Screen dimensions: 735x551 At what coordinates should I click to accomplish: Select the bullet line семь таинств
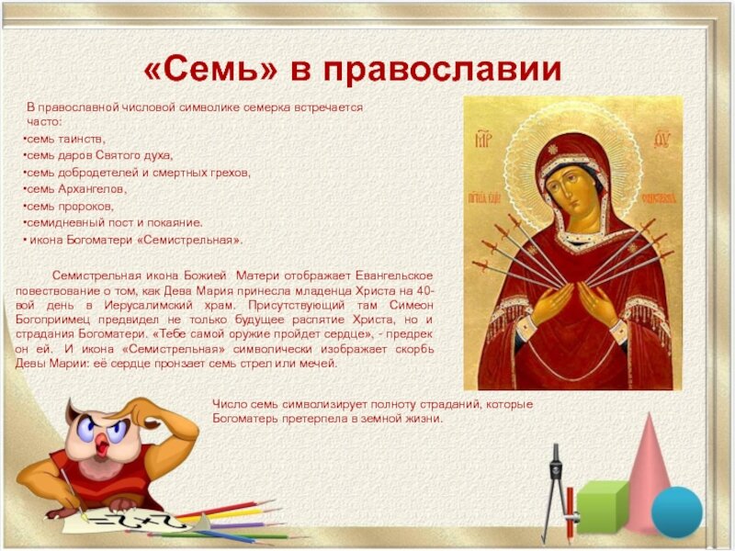64,140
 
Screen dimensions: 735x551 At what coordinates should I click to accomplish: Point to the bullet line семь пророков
68,206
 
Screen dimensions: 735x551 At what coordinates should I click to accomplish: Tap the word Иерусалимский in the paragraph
148,305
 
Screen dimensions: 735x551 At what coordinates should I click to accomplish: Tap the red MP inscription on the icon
483,140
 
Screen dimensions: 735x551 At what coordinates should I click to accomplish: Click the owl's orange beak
102,444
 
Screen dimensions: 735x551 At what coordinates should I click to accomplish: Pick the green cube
602,507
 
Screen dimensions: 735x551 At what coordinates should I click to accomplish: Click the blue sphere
677,512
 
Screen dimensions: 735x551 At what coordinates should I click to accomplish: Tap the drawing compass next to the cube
556,492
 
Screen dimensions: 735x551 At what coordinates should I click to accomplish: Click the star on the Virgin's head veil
553,150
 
